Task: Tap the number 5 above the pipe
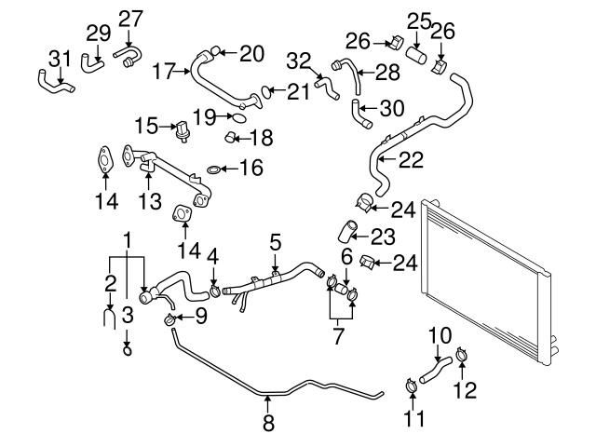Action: tap(275, 242)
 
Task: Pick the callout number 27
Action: tap(131, 20)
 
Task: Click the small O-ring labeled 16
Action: tap(214, 169)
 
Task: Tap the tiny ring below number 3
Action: tap(128, 350)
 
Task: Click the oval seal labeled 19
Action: tap(238, 119)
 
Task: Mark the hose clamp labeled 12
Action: tap(462, 354)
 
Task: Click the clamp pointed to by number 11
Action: tap(410, 382)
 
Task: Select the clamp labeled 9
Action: tap(170, 320)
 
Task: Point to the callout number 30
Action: tap(393, 108)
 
